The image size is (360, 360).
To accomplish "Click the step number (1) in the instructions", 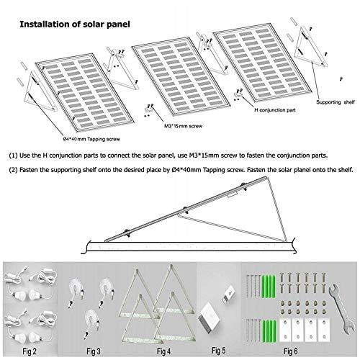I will click(x=14, y=155).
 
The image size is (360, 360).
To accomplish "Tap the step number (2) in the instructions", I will click(x=14, y=171).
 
